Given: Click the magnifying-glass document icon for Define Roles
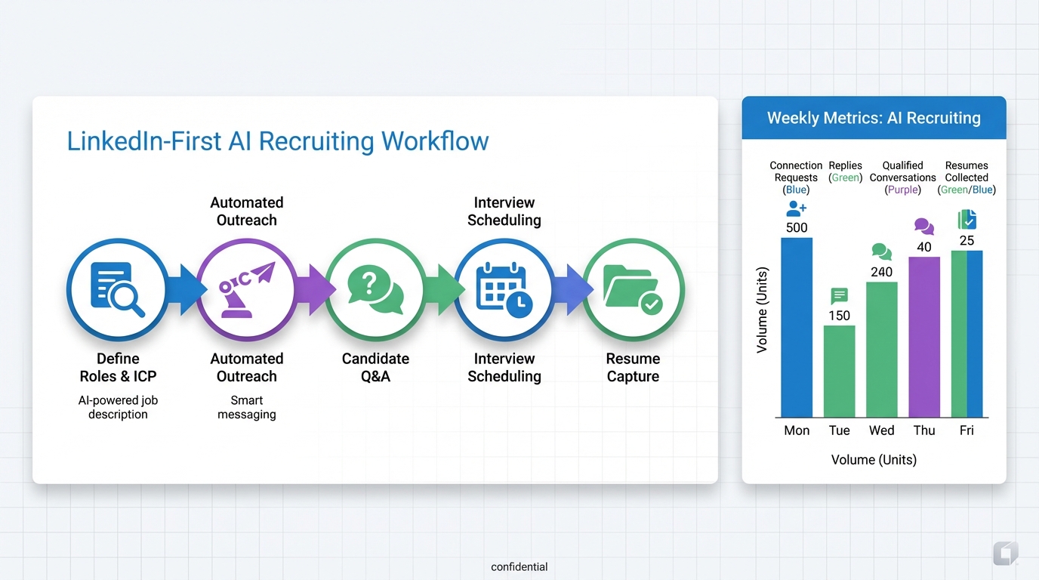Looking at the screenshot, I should (116, 289).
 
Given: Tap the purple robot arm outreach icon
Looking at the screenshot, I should (246, 289).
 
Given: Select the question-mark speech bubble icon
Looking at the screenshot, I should (375, 289).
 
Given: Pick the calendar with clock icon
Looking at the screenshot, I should (504, 289).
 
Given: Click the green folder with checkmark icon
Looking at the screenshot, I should (633, 289).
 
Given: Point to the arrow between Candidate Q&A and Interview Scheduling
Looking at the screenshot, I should (440, 289).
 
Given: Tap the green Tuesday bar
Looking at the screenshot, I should (839, 371).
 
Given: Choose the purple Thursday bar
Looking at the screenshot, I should (924, 337).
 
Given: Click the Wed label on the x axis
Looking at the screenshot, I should (881, 430).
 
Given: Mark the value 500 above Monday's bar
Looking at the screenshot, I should (797, 227).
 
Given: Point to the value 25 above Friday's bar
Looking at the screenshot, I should (967, 241).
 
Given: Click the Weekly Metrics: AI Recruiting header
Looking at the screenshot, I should (874, 118).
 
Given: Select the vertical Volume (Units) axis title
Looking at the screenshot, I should (762, 310).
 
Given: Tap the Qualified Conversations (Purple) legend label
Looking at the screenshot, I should (902, 177).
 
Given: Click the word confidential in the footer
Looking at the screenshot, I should (519, 566).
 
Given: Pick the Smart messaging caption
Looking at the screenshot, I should (246, 407).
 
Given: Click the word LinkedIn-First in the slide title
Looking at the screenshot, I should (143, 141).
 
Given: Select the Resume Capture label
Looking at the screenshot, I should (633, 367).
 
